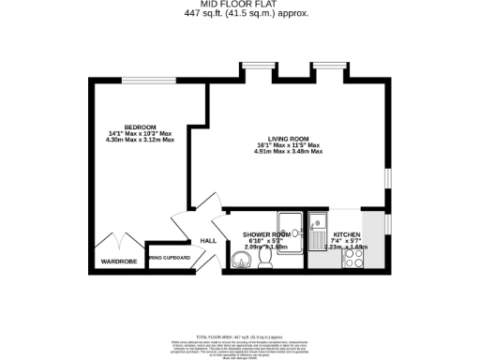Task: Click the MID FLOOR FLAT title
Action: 240,4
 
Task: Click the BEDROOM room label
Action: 140,127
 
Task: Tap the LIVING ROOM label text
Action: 289,140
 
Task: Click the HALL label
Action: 207,240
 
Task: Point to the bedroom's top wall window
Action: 140,79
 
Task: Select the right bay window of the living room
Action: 328,69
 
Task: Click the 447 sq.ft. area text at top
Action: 240,12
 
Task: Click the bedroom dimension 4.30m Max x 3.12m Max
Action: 141,140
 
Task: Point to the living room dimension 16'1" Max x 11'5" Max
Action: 289,146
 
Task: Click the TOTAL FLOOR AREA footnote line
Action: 240,336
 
